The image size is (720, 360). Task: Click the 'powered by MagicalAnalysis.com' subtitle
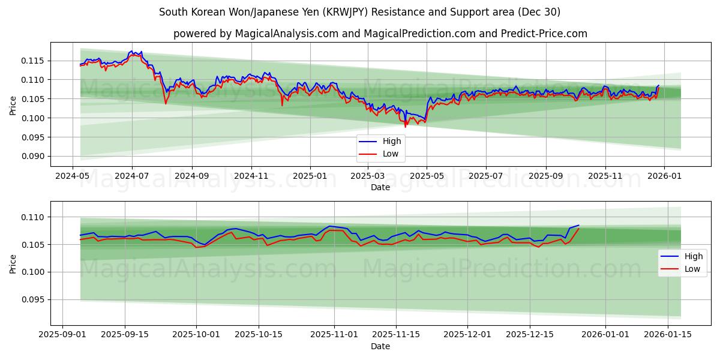point(380,34)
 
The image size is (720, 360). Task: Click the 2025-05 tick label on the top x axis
point(427,177)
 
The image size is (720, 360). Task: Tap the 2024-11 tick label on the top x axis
point(251,177)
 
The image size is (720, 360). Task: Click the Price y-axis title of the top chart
point(13,106)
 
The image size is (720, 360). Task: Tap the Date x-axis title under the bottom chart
point(380,346)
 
